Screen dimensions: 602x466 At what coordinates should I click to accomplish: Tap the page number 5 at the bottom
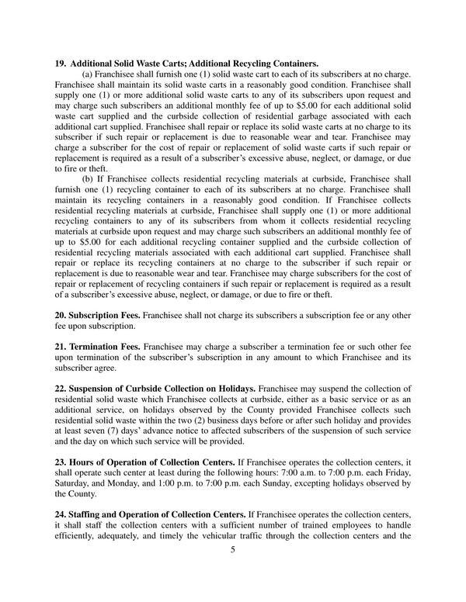tap(232, 549)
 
